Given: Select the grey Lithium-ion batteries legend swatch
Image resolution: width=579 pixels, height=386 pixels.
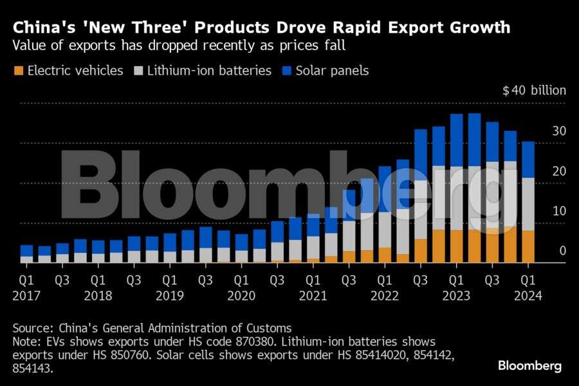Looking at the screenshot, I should tap(137, 71).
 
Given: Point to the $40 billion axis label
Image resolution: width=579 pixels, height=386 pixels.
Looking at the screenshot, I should tap(534, 90).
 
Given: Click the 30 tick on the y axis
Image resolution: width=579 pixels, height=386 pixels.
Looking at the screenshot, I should tap(558, 131).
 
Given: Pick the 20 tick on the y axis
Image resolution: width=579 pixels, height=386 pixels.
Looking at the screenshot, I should tap(558, 171).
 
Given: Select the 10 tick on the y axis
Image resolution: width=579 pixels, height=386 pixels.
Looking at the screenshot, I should tap(558, 211).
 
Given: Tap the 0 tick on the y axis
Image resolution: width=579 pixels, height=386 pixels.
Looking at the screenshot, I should tap(562, 251).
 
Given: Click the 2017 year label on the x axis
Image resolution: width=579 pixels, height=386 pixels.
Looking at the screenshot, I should tap(26, 296).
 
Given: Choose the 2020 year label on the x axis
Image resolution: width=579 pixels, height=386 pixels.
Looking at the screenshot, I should tap(242, 296).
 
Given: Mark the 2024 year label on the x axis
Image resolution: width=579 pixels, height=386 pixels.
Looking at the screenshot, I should tap(528, 296).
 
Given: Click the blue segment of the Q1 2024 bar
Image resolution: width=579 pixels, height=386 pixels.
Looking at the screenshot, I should tap(528, 160).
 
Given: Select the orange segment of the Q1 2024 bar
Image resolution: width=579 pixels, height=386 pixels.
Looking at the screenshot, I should tap(528, 246).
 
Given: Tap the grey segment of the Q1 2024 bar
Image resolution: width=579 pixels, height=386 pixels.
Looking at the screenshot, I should tap(528, 204).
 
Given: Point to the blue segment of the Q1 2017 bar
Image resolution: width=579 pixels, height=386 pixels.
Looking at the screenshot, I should tap(26, 251).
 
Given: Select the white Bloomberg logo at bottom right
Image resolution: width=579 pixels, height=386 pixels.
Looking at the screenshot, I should tap(529, 365).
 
